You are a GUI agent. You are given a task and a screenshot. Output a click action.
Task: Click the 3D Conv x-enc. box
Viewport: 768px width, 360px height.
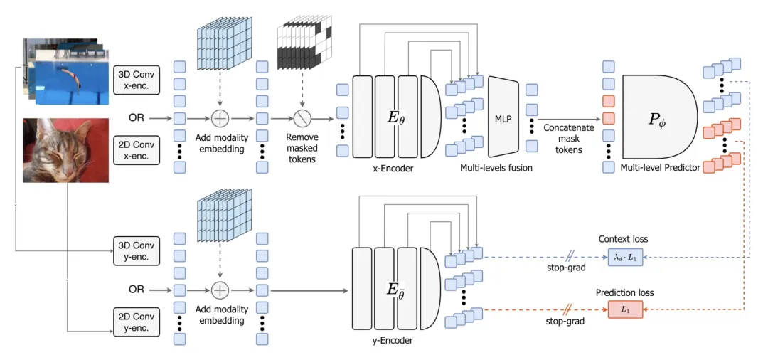point(136,79)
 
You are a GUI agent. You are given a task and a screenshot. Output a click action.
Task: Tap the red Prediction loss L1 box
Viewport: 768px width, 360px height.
point(625,309)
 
